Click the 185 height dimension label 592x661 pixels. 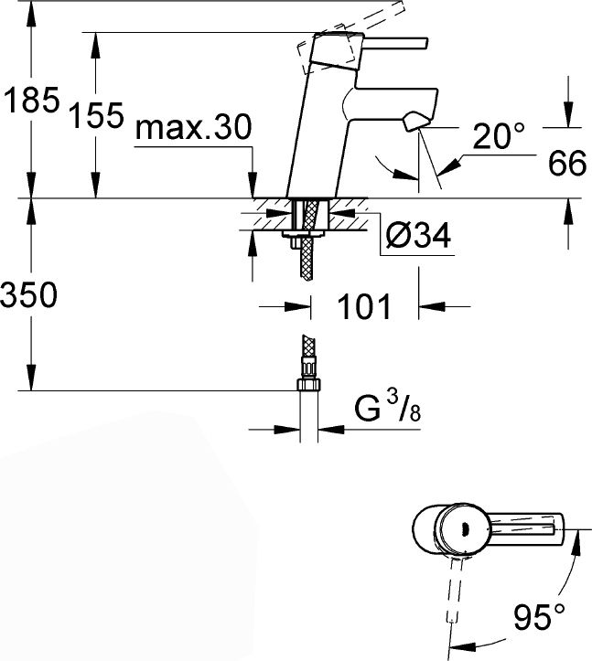click(x=31, y=100)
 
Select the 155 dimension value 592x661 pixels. click(x=97, y=114)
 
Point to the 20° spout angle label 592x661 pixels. click(x=499, y=135)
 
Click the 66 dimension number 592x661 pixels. click(x=567, y=163)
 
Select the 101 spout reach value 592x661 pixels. click(x=364, y=306)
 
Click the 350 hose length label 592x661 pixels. click(x=28, y=294)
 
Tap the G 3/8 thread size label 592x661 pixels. click(x=388, y=407)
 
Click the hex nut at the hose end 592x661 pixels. click(x=309, y=385)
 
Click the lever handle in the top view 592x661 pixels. click(x=526, y=529)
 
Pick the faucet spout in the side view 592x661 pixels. click(x=391, y=104)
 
